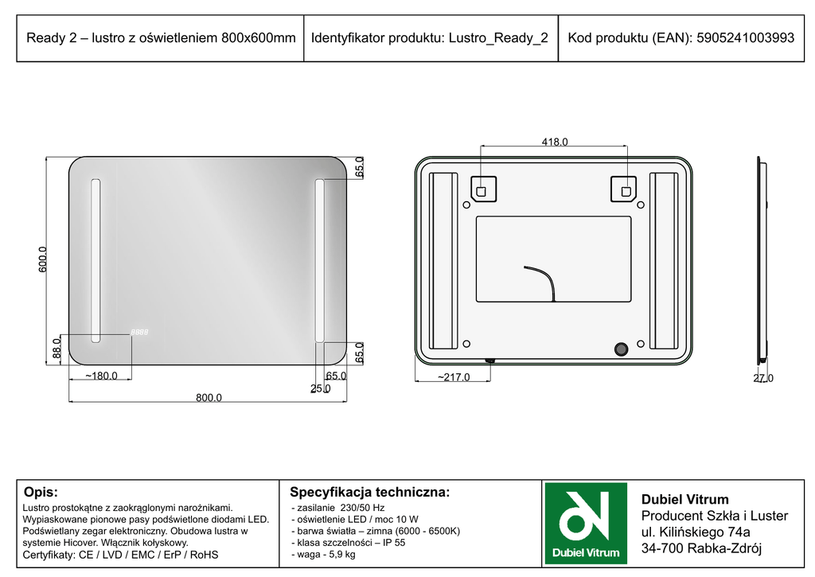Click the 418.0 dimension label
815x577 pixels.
[555, 142]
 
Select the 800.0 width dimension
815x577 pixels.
[209, 397]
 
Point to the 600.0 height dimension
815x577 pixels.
[43, 259]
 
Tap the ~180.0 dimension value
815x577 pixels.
[101, 376]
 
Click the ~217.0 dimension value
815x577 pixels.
[453, 377]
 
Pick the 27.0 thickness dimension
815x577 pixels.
[763, 378]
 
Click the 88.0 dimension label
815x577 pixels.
[57, 349]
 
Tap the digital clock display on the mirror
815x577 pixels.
[139, 332]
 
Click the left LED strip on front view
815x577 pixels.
[96, 261]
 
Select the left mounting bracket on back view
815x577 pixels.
[483, 189]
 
